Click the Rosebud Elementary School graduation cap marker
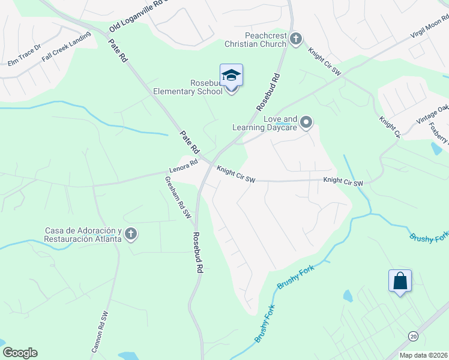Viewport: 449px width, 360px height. [x=231, y=76]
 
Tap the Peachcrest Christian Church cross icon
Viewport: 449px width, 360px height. [x=295, y=40]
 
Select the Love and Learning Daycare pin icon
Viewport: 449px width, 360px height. [x=306, y=123]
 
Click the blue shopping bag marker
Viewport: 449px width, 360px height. [x=400, y=281]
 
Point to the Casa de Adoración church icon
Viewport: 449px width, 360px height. [x=131, y=235]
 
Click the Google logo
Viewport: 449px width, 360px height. [x=19, y=353]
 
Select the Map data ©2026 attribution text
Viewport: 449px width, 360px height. [x=424, y=355]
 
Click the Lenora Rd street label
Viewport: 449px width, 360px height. [x=183, y=166]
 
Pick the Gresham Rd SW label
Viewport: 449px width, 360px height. [x=178, y=197]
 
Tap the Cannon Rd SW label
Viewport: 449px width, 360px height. [x=100, y=331]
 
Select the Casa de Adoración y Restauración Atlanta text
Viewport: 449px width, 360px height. [x=84, y=235]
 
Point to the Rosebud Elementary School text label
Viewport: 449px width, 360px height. [x=188, y=87]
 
